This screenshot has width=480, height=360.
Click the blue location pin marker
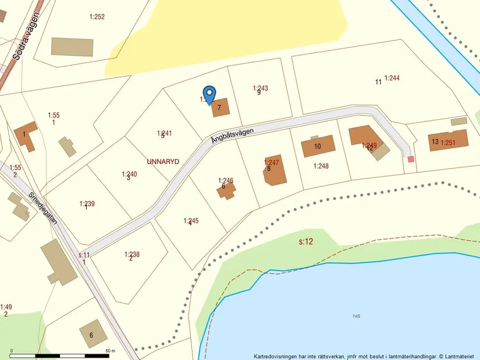coord(209,94)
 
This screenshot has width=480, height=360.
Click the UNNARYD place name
coord(163,161)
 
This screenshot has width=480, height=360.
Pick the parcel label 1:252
coord(97,17)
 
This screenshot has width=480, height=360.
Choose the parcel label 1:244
coord(392,78)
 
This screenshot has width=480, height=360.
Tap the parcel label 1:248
coord(321,166)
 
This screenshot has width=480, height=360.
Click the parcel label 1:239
coord(87,204)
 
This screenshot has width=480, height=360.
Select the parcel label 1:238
coord(131,254)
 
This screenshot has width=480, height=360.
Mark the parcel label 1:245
coord(191,220)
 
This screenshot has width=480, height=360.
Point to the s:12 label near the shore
coord(306,241)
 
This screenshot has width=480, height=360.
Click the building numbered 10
coord(318,146)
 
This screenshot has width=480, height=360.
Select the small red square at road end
coord(411,159)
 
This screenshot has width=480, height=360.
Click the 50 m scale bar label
coord(110,351)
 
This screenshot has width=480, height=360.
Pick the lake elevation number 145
coord(356,316)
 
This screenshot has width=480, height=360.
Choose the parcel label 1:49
coord(6,306)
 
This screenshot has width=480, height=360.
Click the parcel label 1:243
coord(260,88)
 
